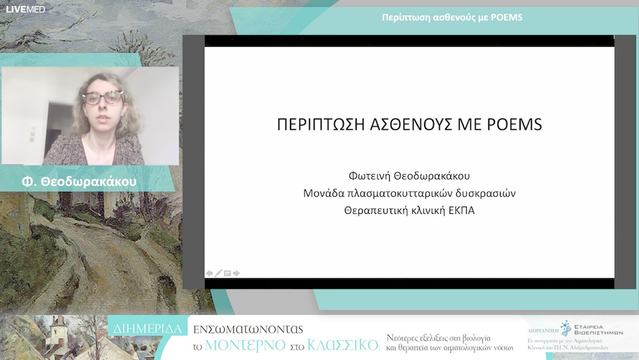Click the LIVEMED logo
click(25, 9)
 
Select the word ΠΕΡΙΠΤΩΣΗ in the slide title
click(318, 125)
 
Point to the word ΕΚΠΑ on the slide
click(460, 210)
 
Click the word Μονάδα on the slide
click(324, 193)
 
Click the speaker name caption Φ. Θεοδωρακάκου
click(79, 182)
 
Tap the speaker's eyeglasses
click(102, 98)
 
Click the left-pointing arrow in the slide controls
click(209, 273)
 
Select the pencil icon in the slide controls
click(218, 273)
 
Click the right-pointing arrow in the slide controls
click(237, 273)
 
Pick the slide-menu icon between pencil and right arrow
click(227, 273)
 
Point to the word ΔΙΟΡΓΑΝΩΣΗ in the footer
click(543, 332)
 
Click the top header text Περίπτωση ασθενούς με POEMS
click(452, 17)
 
